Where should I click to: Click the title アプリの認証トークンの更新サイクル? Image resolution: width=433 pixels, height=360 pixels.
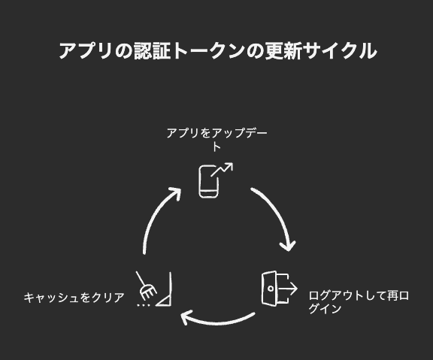pos(218,51)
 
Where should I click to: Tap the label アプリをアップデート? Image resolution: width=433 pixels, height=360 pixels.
pos(216,140)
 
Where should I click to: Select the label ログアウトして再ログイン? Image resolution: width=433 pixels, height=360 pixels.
pos(359,302)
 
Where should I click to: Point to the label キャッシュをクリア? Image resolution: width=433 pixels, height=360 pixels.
pos(74,298)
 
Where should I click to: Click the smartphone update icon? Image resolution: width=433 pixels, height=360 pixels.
pos(216,180)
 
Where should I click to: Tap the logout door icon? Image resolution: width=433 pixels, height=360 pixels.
pos(279,288)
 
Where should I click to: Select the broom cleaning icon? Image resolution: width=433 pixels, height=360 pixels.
pos(154,289)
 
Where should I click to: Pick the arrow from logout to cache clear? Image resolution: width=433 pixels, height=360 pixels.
pos(218,322)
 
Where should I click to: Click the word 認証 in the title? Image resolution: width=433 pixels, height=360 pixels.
pos(152,51)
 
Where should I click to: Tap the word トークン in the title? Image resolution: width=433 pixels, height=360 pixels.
pos(210,51)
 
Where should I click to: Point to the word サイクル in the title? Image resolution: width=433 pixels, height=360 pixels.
pos(341,51)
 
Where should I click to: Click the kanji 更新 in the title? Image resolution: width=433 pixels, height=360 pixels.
pos(283,51)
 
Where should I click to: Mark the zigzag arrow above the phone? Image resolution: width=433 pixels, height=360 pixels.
pos(222,169)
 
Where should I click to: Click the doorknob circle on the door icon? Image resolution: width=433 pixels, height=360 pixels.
pos(271,289)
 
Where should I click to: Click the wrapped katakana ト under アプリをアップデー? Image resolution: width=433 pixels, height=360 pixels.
pos(216,147)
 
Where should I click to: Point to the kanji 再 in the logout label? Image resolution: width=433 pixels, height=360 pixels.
pos(392,296)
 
